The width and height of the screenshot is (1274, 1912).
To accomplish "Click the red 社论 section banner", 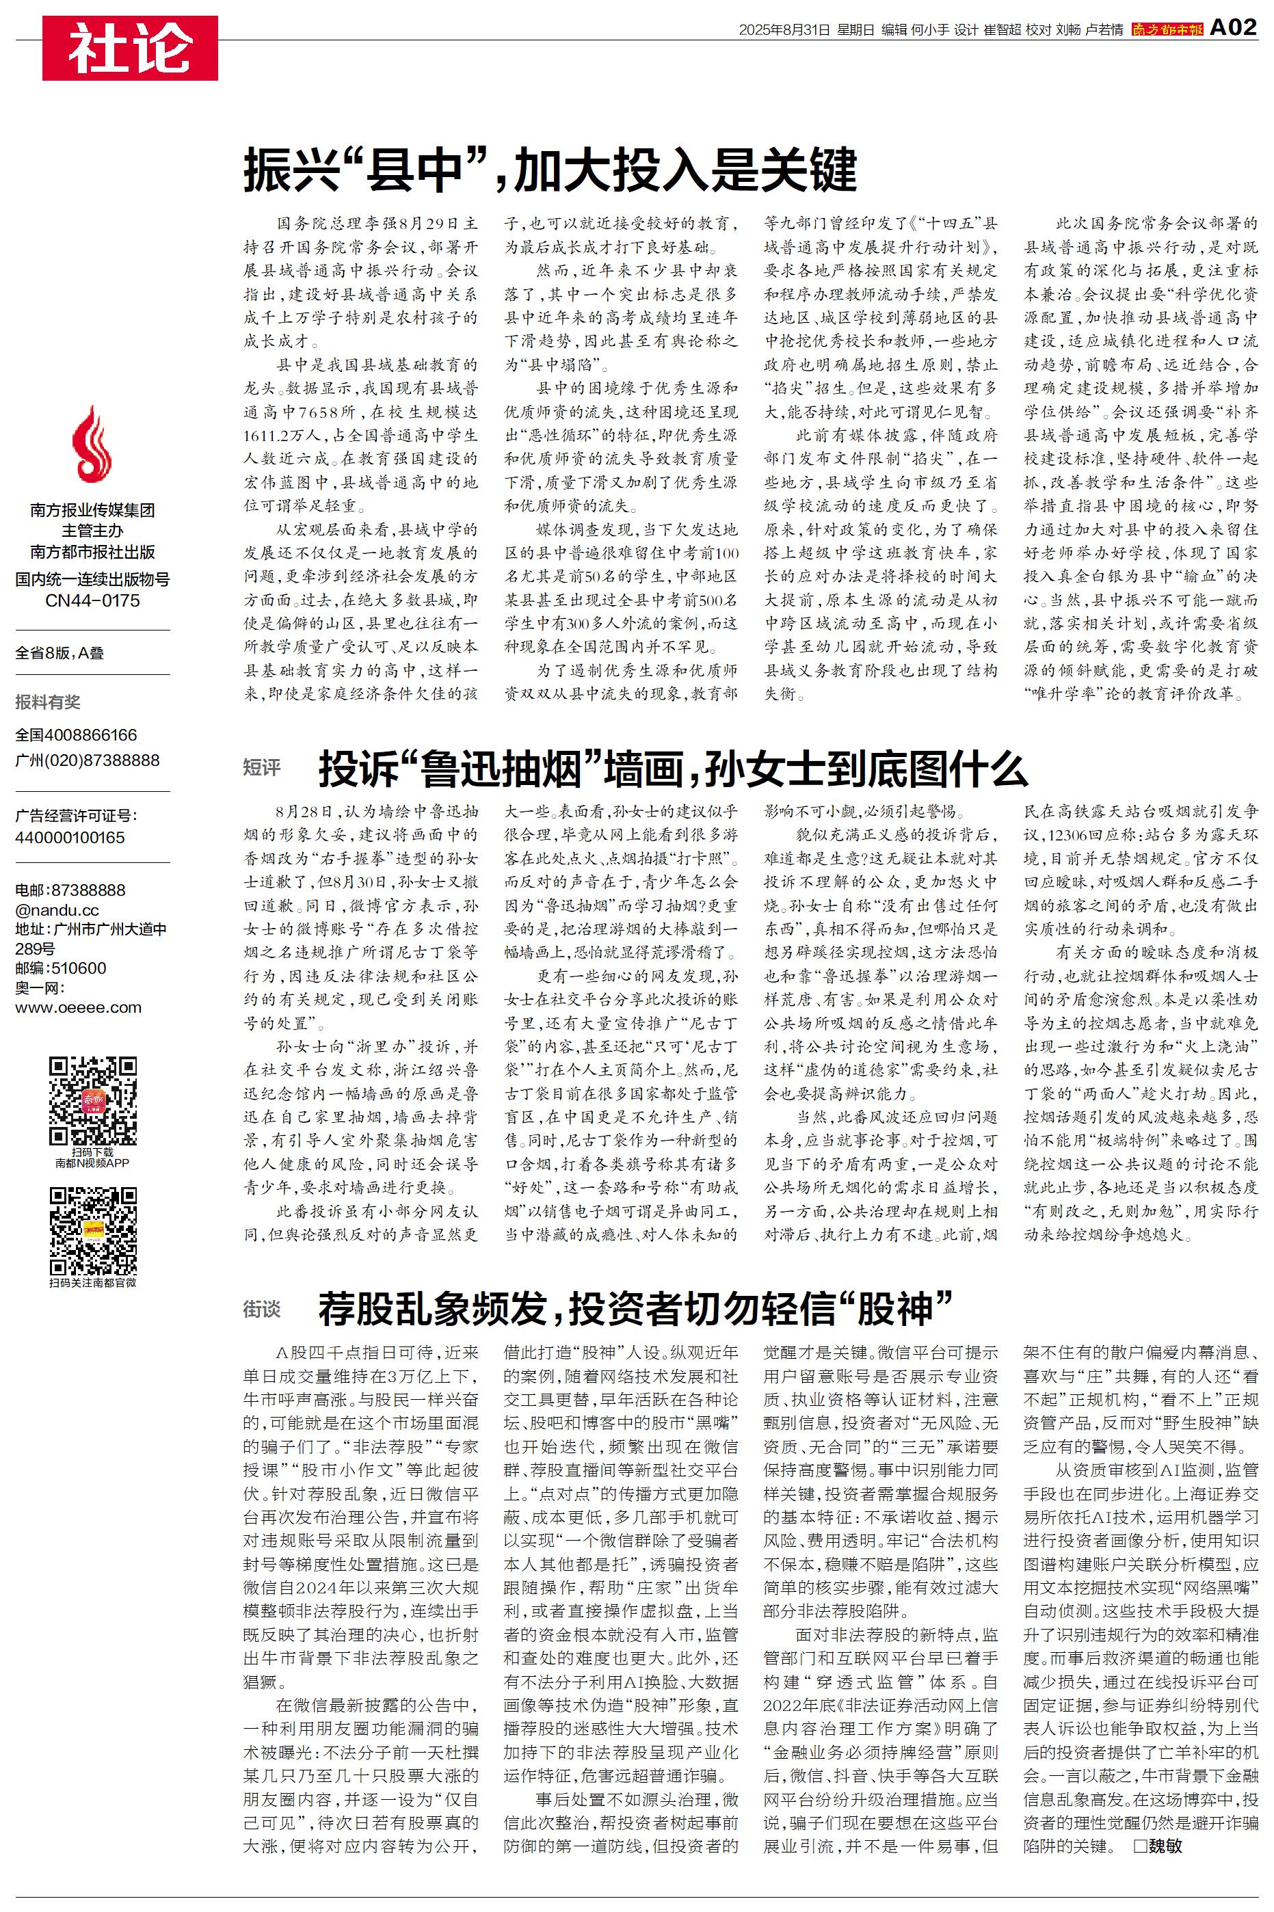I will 130,49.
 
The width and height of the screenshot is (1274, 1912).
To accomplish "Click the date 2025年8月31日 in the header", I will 784,30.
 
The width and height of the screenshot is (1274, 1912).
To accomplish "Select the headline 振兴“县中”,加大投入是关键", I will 550,170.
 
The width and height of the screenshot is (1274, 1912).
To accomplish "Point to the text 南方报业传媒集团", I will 92,510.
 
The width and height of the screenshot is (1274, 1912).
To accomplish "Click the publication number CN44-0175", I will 92,601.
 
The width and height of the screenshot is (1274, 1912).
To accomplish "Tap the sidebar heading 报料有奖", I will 48,702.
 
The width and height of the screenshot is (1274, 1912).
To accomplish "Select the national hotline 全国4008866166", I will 77,735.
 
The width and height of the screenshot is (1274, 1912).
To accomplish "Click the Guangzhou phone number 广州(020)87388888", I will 88,760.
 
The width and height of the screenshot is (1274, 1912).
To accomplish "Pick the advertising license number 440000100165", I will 70,838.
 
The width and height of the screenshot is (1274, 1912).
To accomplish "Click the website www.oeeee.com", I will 78,1008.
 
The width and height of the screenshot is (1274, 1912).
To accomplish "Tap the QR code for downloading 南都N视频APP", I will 92,1100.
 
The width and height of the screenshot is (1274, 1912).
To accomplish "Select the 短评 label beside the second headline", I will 262,767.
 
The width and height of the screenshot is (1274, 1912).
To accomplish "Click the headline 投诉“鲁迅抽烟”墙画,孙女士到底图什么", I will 673,769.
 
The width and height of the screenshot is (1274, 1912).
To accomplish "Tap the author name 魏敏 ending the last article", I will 1165,1846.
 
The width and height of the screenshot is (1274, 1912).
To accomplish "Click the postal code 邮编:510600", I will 61,968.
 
